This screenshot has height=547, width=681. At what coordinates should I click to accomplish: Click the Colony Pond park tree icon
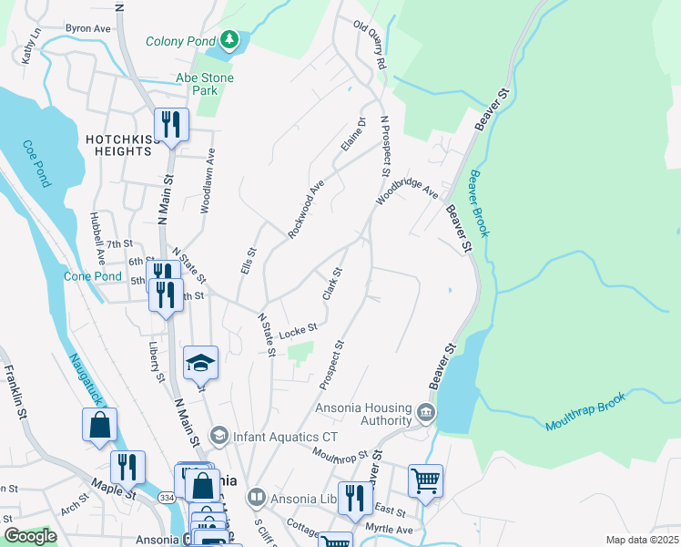[x=230, y=40]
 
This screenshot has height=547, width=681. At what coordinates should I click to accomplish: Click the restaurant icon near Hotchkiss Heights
[x=171, y=124]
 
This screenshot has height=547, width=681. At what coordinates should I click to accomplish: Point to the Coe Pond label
[x=36, y=164]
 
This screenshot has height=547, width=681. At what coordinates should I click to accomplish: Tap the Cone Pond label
[x=92, y=276]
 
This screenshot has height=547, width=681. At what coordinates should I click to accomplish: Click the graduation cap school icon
[x=200, y=363]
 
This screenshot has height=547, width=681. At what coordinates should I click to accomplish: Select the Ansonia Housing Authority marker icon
[x=425, y=414]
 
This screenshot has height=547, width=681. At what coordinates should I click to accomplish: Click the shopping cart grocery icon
[x=425, y=479]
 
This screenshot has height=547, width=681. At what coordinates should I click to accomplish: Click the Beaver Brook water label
[x=480, y=202]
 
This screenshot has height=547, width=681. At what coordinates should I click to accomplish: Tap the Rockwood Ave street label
[x=306, y=209]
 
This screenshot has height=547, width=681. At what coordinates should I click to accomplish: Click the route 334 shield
[x=166, y=499]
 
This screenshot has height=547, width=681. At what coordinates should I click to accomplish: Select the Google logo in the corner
[x=30, y=536]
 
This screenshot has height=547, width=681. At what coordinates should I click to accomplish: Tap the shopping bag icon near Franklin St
[x=99, y=425]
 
